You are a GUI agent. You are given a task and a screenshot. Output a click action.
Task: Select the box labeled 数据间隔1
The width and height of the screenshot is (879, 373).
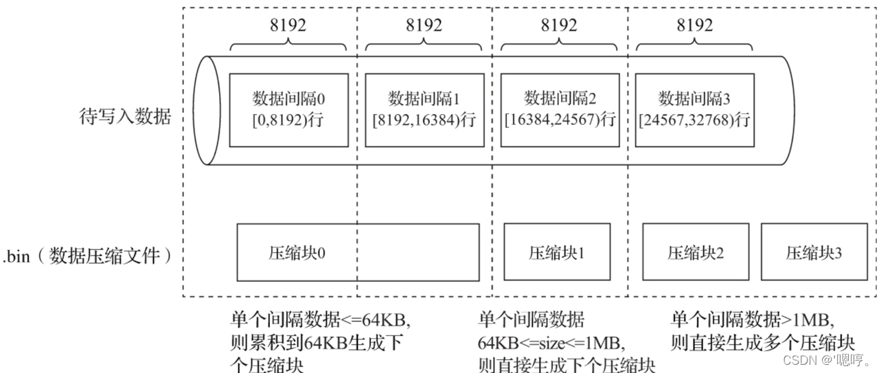(x=423, y=109)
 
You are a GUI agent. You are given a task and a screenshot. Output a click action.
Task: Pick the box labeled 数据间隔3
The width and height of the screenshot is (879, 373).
(x=694, y=109)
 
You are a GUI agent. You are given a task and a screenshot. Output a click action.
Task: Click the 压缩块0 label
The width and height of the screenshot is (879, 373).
(x=297, y=253)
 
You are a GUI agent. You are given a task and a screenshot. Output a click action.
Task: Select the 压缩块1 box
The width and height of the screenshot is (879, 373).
(x=556, y=252)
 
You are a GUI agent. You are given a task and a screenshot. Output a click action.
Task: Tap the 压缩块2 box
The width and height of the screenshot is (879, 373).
(x=694, y=252)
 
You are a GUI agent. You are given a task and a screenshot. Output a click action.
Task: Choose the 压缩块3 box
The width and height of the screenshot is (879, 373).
(x=814, y=252)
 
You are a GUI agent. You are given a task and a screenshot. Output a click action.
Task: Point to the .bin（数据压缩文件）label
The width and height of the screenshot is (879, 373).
(x=87, y=257)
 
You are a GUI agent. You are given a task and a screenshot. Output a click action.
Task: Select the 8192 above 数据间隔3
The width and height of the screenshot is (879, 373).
(x=694, y=25)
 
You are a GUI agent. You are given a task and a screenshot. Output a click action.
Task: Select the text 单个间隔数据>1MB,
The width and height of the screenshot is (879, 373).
(x=753, y=320)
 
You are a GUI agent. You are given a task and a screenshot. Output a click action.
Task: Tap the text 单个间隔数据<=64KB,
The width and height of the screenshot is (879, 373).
(x=320, y=320)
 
